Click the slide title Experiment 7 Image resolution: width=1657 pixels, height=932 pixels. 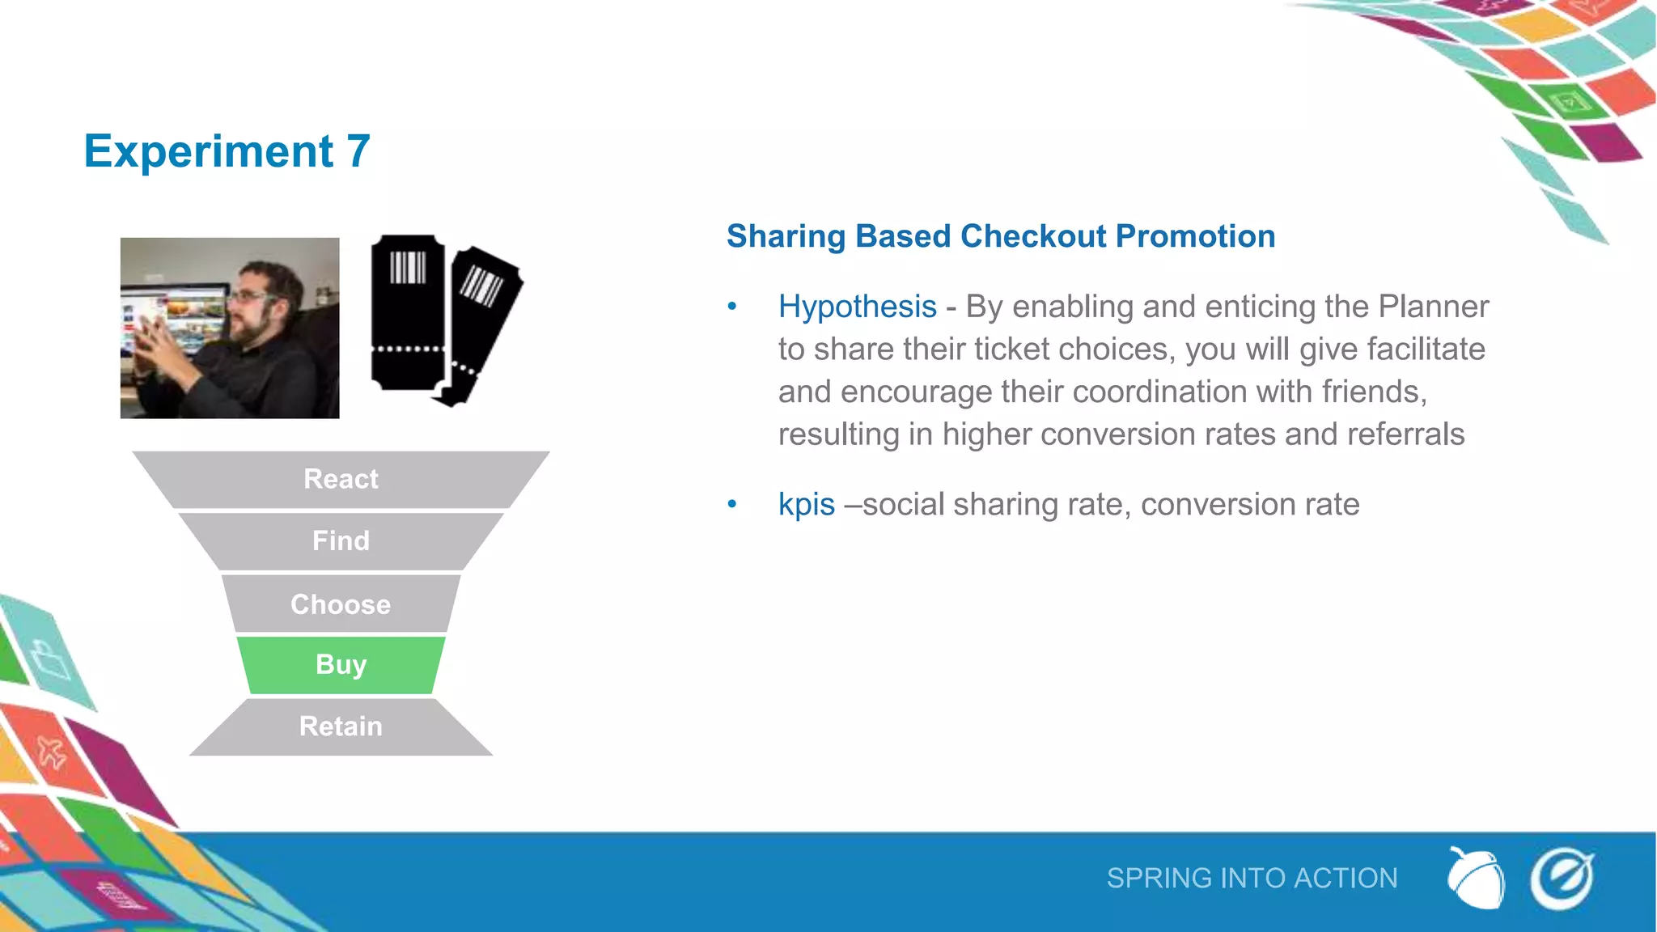(x=227, y=151)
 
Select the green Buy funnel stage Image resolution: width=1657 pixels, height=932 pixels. (x=341, y=665)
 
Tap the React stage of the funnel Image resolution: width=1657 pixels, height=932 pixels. (x=341, y=479)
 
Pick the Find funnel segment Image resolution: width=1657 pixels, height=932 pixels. (x=341, y=540)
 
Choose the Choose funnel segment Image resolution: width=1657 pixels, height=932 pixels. (x=341, y=604)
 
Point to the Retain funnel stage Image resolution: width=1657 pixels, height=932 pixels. (x=341, y=727)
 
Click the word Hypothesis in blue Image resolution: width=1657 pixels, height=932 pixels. (x=857, y=307)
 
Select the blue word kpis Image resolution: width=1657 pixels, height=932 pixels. (x=806, y=505)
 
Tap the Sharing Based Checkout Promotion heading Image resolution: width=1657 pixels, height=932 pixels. (x=1001, y=236)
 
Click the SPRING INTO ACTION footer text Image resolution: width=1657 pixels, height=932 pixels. (x=1252, y=879)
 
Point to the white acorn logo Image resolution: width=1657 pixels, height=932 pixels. (x=1475, y=879)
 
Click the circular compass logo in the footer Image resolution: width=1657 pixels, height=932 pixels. (x=1562, y=879)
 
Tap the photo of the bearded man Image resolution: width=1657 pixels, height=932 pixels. (x=230, y=328)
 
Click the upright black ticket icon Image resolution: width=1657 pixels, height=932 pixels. (x=408, y=311)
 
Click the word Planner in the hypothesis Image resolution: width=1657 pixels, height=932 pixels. (x=1433, y=307)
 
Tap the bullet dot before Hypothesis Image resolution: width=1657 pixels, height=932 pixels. (x=732, y=307)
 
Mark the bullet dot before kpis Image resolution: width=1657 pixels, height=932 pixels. (x=732, y=505)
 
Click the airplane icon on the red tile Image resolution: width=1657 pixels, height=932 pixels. (x=51, y=753)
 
